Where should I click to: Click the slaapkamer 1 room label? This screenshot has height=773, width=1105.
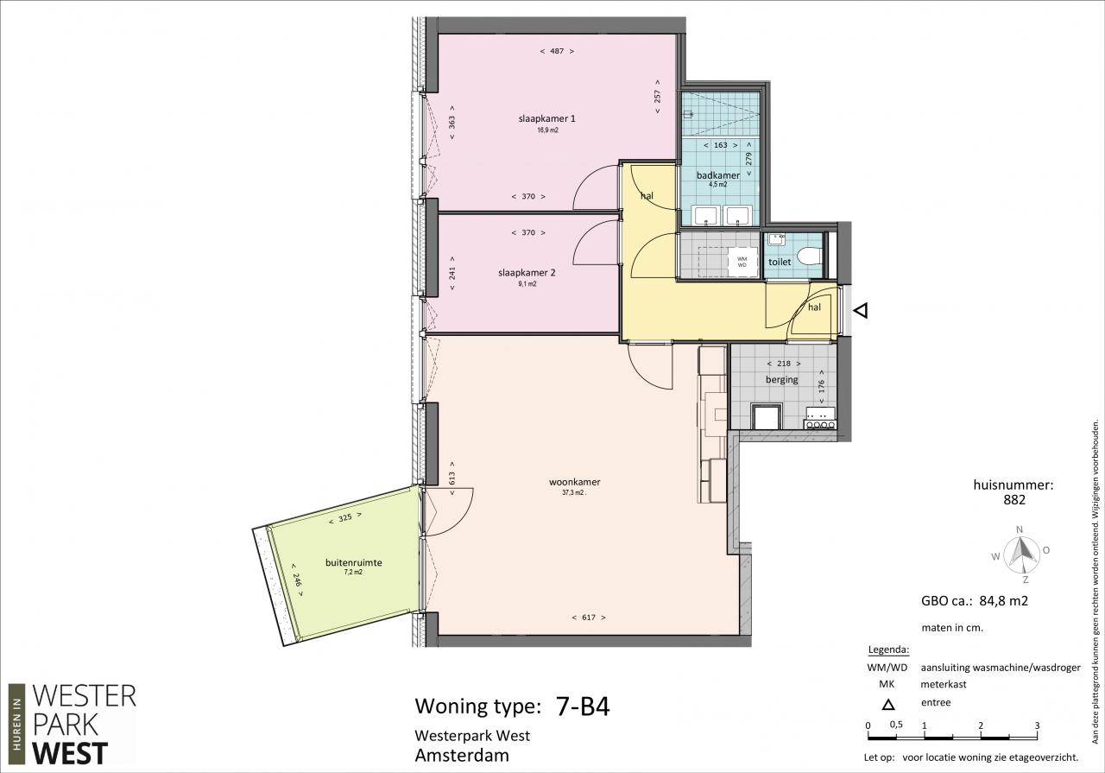546,118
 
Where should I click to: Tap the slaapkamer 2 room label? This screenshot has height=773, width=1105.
527,272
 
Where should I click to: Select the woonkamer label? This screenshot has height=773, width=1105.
575,482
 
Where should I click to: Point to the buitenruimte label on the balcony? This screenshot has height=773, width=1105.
354,562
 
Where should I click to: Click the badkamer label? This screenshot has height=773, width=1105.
717,175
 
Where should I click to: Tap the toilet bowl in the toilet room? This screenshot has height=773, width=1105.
810,256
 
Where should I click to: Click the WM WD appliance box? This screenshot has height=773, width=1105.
742,262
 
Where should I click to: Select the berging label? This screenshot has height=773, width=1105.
782,379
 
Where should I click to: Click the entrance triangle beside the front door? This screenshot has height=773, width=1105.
861,310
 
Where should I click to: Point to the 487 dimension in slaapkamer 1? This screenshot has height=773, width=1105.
557,51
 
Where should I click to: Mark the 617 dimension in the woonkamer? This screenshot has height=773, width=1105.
589,617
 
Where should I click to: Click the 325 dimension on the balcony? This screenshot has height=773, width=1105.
345,518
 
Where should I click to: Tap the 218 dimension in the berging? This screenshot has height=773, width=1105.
783,364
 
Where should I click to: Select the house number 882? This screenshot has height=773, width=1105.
1014,500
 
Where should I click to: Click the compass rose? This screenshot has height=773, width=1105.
1020,554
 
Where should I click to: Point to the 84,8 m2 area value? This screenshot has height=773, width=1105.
1003,601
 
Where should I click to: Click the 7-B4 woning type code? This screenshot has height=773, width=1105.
583,706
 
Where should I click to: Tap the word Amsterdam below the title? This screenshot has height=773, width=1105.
462,755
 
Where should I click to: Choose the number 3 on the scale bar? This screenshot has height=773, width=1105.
1037,725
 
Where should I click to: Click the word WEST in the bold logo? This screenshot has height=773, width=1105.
70,753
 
